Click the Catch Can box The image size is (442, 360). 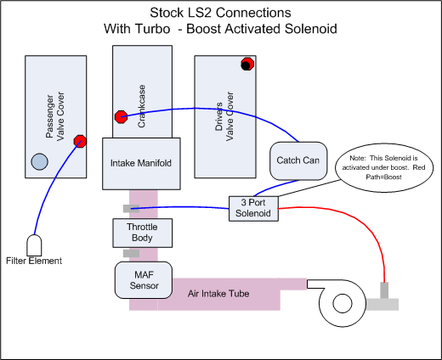tap(297, 160)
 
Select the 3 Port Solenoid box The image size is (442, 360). tap(252, 208)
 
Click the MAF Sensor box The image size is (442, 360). tap(144, 279)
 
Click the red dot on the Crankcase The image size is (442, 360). tap(120, 116)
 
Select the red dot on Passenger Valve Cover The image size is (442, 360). tap(80, 141)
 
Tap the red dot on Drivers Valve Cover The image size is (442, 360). tap(246, 64)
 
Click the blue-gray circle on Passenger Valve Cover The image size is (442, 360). tap(39, 161)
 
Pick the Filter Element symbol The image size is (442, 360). tap(36, 245)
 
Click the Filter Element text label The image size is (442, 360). tap(36, 262)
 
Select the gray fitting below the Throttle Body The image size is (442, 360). tap(131, 252)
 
